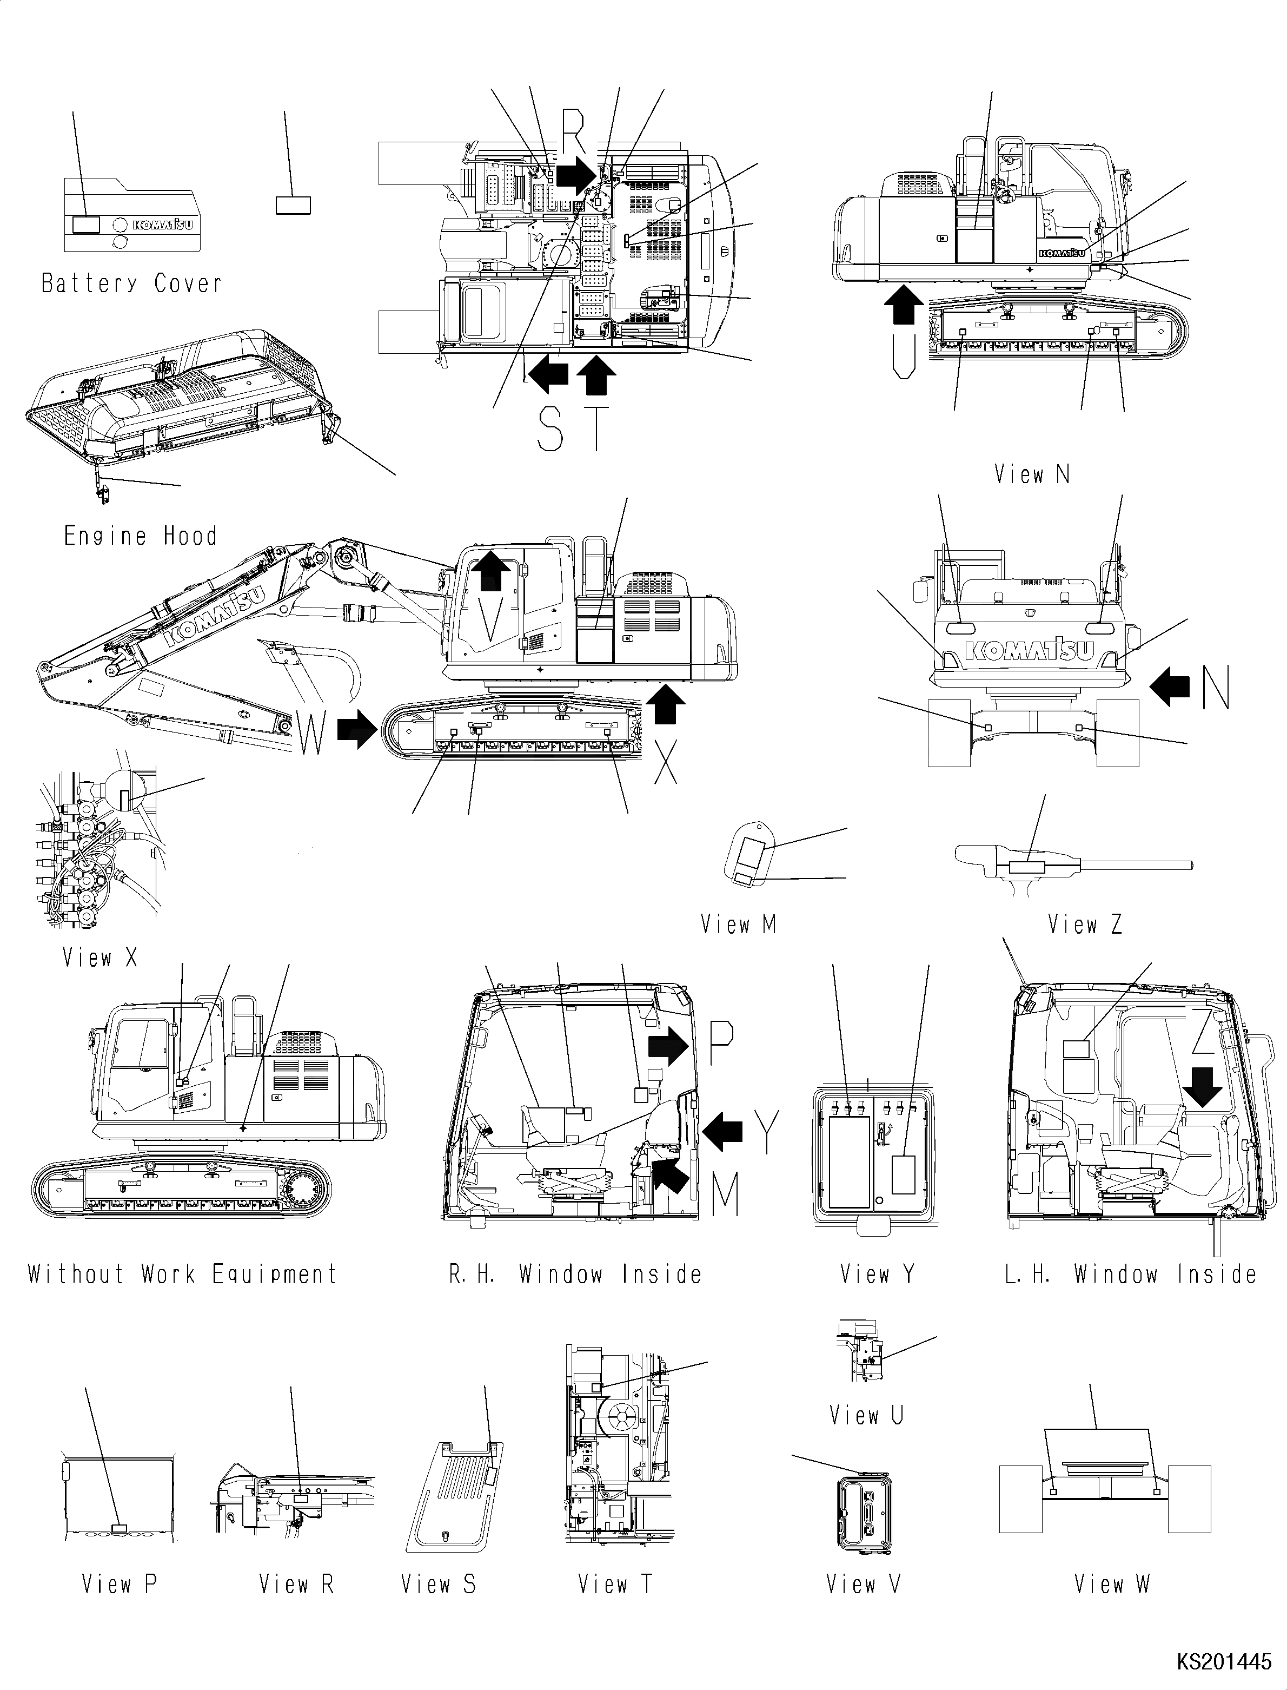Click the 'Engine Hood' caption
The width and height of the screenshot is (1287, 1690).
(x=140, y=535)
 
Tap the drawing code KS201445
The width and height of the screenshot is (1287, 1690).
(x=1223, y=1662)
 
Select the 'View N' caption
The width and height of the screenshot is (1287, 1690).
(x=1031, y=474)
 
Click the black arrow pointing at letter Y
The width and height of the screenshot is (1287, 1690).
(x=722, y=1131)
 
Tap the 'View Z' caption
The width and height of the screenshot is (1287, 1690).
(x=1085, y=925)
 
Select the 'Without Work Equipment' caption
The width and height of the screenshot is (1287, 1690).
(x=182, y=1274)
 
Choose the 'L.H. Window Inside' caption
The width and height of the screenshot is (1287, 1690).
(x=1131, y=1274)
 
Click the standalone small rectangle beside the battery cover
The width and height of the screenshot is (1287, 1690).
(x=293, y=204)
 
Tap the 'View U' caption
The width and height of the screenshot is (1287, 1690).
(x=866, y=1415)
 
